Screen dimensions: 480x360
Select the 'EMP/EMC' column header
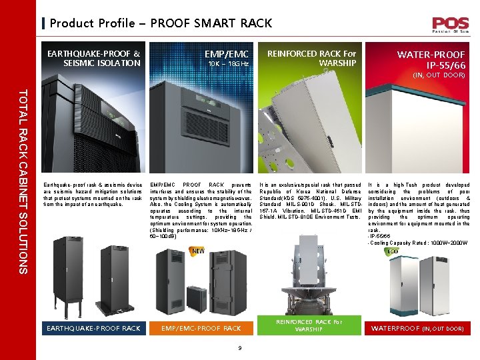(226, 54)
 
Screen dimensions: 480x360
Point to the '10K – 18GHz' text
(228, 65)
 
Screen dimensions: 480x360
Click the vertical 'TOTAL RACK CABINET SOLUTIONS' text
(23, 181)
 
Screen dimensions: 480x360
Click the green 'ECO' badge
(393, 251)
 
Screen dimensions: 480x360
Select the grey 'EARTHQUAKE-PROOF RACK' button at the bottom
(93, 328)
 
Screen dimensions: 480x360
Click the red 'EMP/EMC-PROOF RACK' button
(201, 328)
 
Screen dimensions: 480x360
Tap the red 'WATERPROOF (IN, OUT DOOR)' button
(417, 328)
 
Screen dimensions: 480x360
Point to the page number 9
(239, 346)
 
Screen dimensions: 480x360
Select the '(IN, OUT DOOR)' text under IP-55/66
(438, 76)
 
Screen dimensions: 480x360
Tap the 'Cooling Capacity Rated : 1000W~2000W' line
(419, 243)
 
